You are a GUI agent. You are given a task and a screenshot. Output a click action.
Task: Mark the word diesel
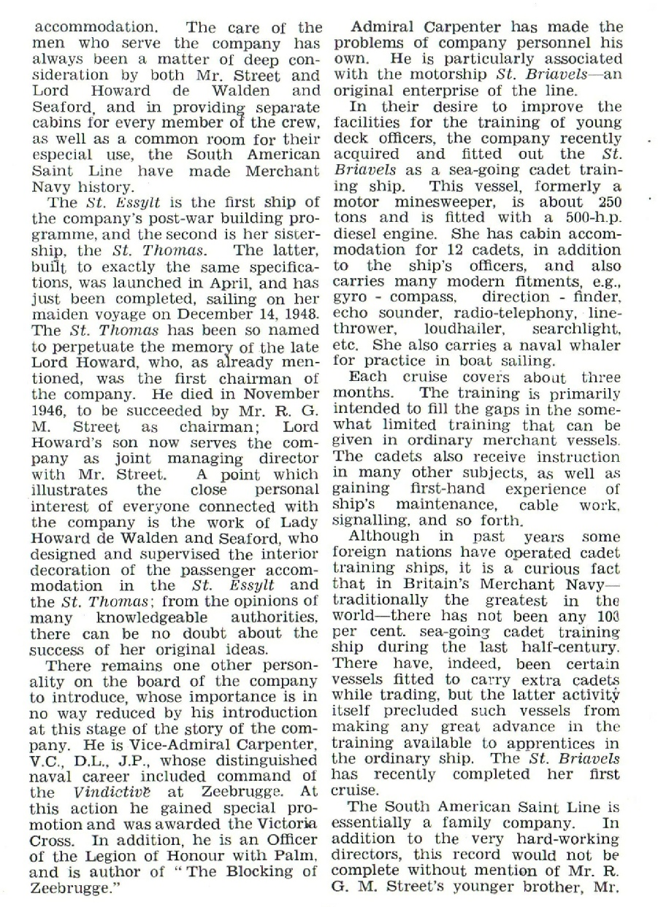tap(357, 234)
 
